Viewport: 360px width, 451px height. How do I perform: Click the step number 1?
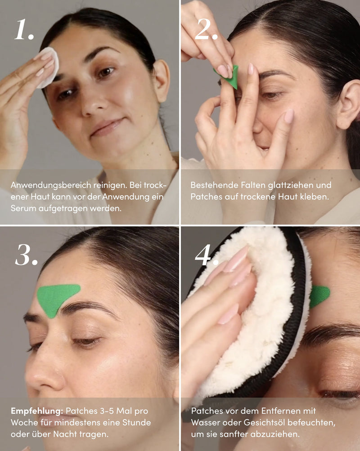click(24, 29)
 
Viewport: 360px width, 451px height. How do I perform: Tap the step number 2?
click(206, 29)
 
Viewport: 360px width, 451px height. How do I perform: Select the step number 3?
click(26, 255)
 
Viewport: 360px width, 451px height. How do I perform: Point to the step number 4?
click(206, 255)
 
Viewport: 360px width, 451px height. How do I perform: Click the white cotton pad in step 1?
click(49, 67)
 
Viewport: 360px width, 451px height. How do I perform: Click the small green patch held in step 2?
click(230, 77)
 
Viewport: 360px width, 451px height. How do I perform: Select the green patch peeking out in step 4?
click(319, 296)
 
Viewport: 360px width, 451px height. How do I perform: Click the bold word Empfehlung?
click(37, 411)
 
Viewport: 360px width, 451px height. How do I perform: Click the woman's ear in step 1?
click(162, 81)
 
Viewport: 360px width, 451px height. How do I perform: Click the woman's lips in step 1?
click(106, 128)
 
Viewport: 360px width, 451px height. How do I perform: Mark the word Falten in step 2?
click(253, 185)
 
